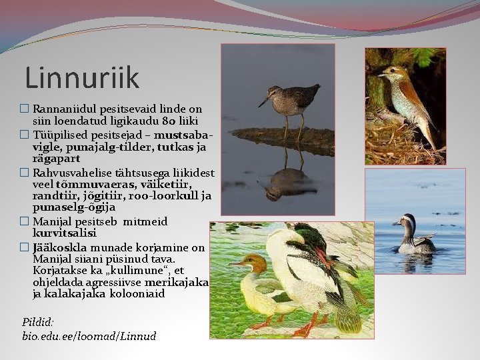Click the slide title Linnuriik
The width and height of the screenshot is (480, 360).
tap(82, 78)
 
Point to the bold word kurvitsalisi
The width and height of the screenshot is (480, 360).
tap(65, 233)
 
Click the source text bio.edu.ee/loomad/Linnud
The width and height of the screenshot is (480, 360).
tap(89, 336)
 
